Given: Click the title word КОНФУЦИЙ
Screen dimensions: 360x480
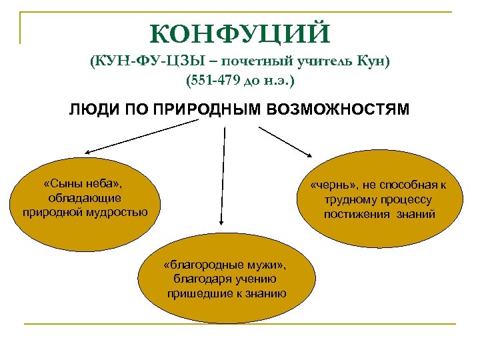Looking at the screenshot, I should point(239,33).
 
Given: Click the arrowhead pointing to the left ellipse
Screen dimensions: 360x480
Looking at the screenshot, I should point(87,153).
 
